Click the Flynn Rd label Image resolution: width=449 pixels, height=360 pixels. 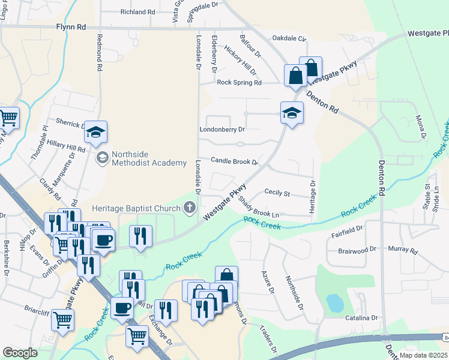tap(71, 27)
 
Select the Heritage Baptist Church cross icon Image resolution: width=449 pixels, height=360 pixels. tap(190, 208)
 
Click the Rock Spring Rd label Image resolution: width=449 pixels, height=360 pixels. tap(240, 83)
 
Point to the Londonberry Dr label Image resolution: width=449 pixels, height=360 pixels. tap(223, 129)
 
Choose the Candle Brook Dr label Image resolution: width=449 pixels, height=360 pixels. tap(234, 161)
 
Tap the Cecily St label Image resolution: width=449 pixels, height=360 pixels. tap(277, 194)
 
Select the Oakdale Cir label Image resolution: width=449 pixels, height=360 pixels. tap(289, 38)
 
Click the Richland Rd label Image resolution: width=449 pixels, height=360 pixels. tap(137, 12)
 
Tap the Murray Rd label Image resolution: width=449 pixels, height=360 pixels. tap(402, 248)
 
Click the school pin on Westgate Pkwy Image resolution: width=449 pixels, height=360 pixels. tap(292, 113)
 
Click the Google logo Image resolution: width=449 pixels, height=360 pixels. tap(20, 353)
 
